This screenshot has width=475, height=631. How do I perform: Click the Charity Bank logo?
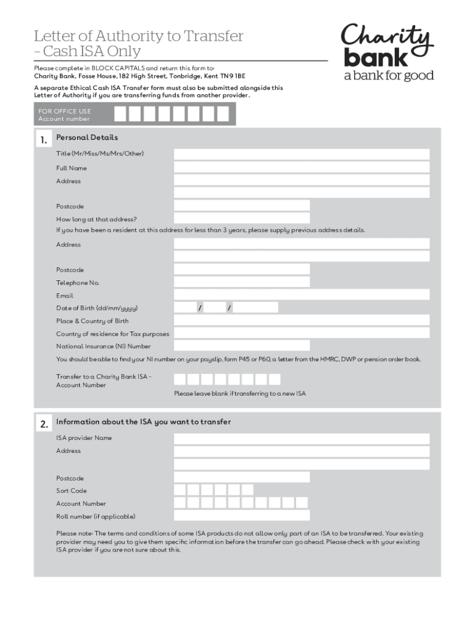[388, 52]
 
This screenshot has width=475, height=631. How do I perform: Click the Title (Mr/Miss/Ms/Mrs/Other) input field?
[302, 154]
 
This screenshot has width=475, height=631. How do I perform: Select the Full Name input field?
[302, 168]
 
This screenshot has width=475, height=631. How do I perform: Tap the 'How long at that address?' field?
[242, 219]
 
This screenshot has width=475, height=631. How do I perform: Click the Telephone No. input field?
[242, 282]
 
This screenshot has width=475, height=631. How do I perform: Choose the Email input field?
[302, 295]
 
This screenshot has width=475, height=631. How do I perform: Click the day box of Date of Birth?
[185, 307]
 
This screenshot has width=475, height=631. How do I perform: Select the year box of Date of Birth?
[256, 307]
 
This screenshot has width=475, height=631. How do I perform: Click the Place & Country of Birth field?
[302, 320]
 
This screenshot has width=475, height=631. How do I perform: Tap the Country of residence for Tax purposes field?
[302, 333]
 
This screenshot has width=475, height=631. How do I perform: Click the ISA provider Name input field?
[302, 438]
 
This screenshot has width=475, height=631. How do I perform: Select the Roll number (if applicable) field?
[242, 516]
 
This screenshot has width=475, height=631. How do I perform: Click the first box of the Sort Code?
[180, 491]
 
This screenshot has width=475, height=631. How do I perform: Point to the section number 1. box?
[43, 140]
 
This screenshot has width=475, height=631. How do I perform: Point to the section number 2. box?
[43, 425]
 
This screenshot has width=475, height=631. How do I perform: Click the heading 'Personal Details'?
[87, 137]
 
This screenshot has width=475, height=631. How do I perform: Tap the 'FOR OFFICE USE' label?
[65, 111]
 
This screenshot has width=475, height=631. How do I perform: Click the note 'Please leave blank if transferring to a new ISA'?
[240, 394]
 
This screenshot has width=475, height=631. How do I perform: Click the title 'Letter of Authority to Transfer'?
[138, 36]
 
